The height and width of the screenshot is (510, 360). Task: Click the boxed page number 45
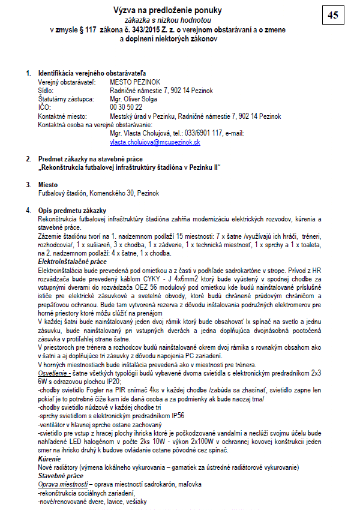point(332,16)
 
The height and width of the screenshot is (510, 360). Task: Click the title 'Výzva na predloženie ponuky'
point(168,10)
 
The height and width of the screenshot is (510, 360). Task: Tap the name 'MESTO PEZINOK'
point(135,80)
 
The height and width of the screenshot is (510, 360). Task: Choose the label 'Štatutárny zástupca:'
point(65,98)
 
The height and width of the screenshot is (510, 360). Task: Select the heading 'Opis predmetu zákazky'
point(72,211)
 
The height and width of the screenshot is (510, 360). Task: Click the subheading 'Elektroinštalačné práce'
point(73,262)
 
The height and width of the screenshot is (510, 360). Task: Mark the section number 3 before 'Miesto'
point(28,185)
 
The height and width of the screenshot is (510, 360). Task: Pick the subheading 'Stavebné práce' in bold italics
point(61,475)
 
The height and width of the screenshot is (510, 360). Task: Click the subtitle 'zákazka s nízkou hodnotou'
point(168,20)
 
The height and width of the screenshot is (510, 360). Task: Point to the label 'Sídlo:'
point(47,89)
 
